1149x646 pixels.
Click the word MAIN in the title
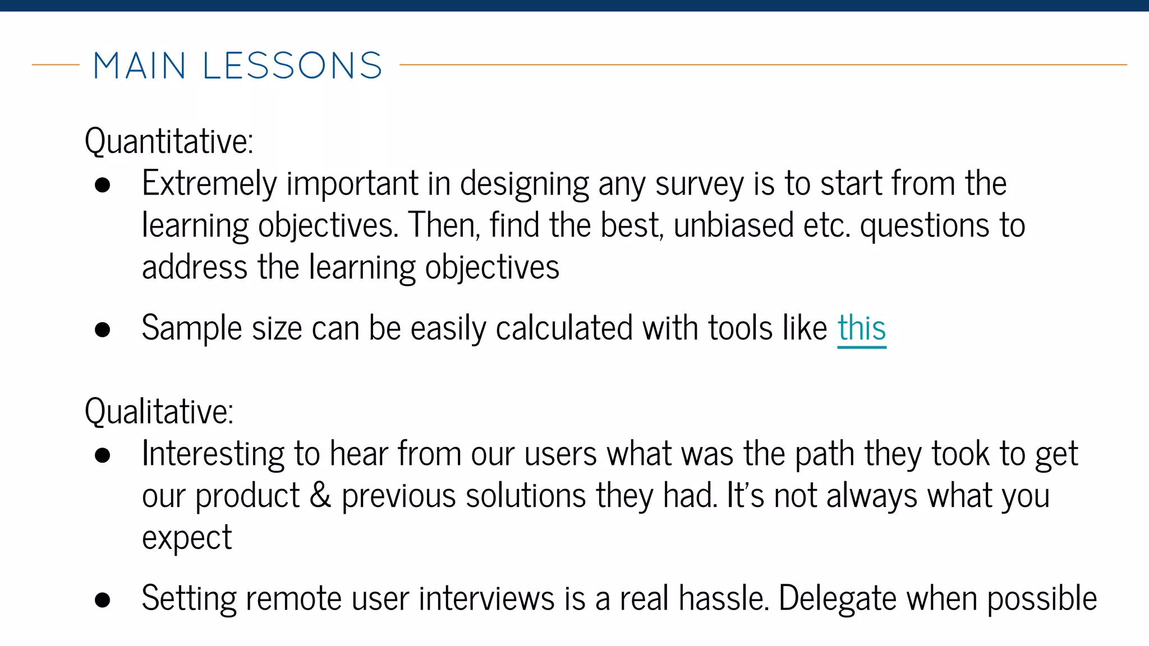(139, 66)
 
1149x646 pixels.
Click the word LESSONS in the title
(292, 66)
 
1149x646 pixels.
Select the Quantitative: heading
(169, 141)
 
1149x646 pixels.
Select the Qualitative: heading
(159, 411)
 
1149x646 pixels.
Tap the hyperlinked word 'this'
(862, 328)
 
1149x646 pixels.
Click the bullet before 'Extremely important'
(103, 186)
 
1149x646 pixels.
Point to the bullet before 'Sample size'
(103, 330)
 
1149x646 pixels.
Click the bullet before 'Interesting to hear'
(103, 455)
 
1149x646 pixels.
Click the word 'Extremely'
(209, 184)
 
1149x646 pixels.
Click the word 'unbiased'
(733, 225)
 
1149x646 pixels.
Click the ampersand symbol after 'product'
(320, 496)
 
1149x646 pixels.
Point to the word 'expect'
(187, 538)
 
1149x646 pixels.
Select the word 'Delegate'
(838, 598)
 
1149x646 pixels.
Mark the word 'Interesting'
(213, 454)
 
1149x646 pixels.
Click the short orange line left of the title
(56, 65)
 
